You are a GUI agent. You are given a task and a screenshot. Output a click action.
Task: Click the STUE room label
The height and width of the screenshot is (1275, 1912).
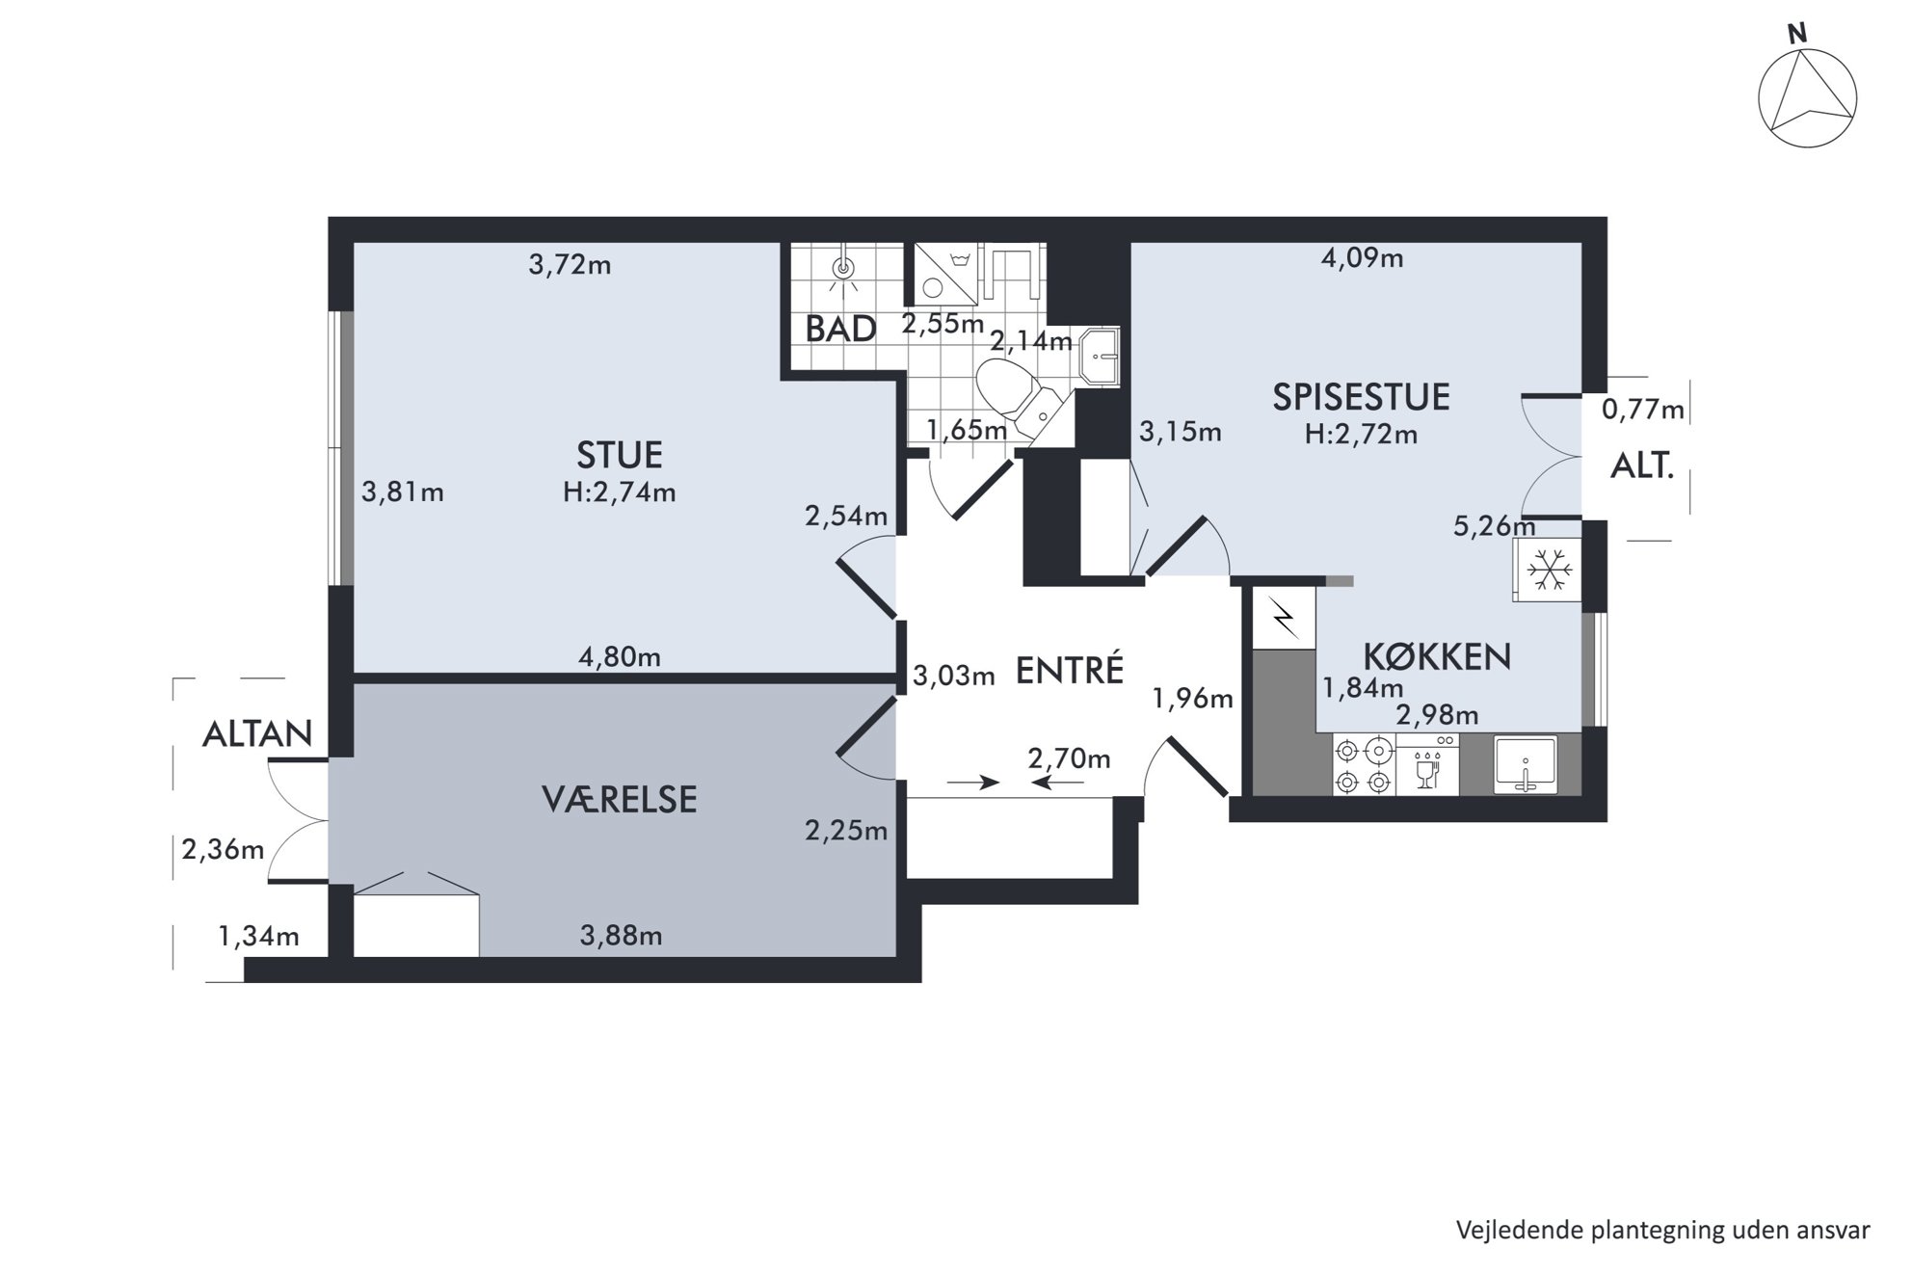pos(619,455)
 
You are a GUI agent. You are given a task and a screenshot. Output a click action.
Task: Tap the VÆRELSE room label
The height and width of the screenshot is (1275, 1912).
pos(619,800)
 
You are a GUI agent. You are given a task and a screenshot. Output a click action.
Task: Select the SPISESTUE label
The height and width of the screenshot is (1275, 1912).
pos(1361,397)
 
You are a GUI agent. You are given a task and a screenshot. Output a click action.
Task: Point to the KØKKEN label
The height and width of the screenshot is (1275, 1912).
pos(1437,657)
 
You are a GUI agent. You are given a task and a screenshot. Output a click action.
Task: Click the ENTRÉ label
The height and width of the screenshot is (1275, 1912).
pos(1070,670)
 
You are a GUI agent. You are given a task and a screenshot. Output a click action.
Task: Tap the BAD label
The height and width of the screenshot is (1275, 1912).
pos(840,330)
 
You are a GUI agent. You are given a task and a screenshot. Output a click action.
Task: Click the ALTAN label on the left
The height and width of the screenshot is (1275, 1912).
pos(257,734)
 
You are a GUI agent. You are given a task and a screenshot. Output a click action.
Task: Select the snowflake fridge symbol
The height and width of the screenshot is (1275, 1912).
pos(1549,571)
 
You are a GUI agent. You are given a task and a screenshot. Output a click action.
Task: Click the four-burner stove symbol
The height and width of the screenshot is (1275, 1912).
pos(1364,764)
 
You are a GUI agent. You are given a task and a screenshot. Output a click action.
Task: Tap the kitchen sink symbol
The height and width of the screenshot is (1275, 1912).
pos(1525,765)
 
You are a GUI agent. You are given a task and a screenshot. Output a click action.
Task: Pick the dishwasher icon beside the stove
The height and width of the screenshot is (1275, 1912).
pos(1426,764)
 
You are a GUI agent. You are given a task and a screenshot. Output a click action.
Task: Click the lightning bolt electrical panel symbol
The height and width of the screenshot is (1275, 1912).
pos(1285,618)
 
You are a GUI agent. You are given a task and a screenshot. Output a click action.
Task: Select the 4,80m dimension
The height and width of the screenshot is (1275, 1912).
pos(620,657)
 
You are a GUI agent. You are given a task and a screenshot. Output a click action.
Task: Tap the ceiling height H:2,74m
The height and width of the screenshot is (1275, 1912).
pos(620,492)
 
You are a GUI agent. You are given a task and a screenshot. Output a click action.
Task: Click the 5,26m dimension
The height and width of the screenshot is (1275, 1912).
pos(1495,526)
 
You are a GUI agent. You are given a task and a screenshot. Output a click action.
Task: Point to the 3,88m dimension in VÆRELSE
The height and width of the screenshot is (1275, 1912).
pos(622,935)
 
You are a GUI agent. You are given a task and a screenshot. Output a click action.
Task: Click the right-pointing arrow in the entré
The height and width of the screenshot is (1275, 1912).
pos(973,783)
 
